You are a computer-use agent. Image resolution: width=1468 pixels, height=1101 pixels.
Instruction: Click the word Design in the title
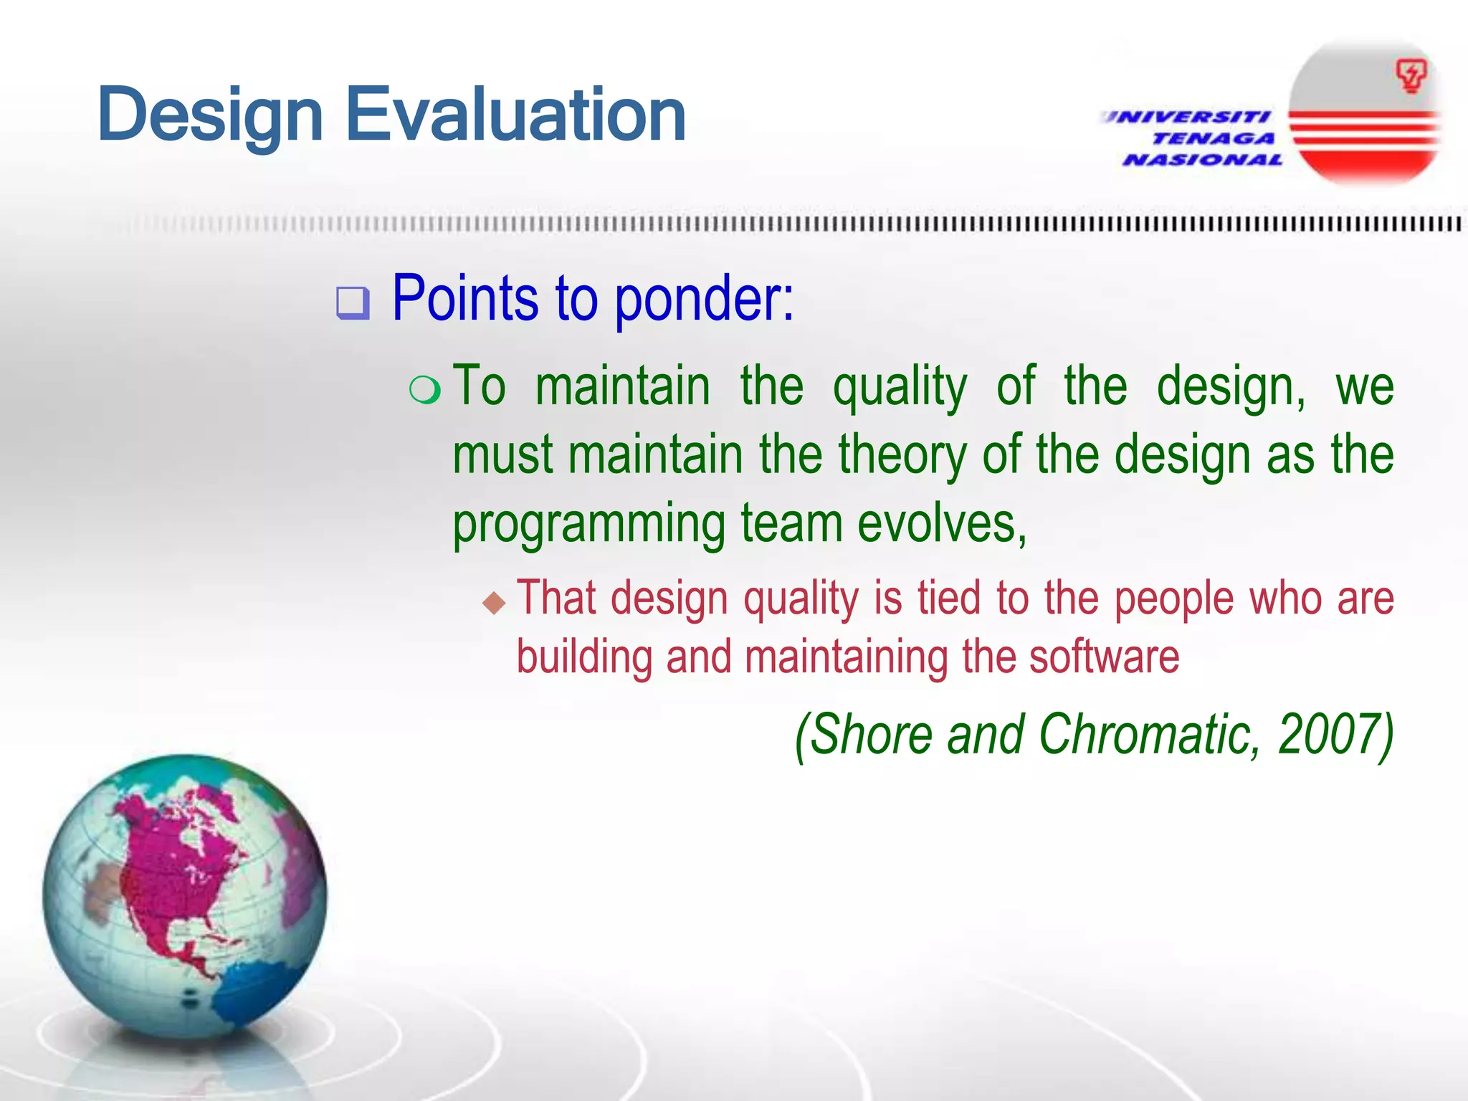[x=209, y=115]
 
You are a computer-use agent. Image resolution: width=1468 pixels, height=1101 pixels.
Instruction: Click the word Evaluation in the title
[x=515, y=115]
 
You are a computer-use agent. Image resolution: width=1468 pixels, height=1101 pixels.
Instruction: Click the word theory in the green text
[x=902, y=456]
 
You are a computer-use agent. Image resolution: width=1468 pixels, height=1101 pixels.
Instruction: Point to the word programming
[x=588, y=525]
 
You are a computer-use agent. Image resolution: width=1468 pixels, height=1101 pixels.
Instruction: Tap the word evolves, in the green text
[x=942, y=523]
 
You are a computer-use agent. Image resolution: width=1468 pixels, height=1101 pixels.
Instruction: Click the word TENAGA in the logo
[x=1213, y=138]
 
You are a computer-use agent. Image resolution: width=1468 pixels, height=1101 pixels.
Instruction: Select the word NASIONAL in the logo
[x=1203, y=160]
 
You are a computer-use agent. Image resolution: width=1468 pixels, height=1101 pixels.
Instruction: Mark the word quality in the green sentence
[x=899, y=388]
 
